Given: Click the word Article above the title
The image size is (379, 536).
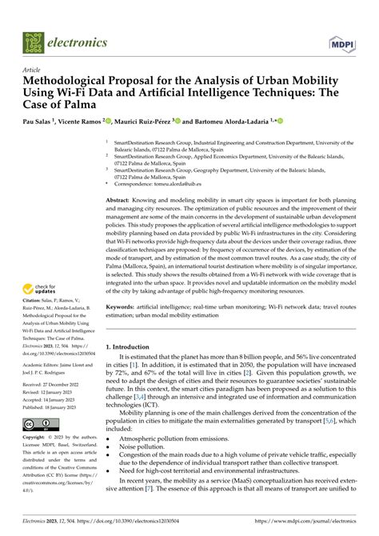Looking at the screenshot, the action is point(33,70).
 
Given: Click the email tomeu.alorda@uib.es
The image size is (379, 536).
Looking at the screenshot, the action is point(180,184).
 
